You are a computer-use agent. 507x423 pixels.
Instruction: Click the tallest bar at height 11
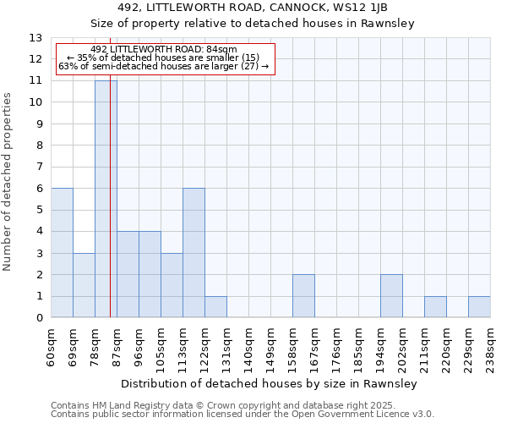click(106, 200)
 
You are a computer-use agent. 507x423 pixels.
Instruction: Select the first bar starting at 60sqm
click(62, 253)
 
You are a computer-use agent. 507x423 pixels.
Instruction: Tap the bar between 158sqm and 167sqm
click(303, 296)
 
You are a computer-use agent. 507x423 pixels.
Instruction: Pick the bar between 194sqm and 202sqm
click(391, 296)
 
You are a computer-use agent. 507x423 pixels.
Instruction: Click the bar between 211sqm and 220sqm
click(435, 307)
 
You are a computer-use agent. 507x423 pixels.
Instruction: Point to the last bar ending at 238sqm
click(479, 307)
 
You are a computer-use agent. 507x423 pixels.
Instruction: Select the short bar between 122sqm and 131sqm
click(215, 307)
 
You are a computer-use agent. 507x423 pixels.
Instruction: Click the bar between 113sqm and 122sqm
click(194, 253)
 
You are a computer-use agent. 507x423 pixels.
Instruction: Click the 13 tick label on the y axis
click(35, 38)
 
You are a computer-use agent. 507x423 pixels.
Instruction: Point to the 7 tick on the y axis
click(39, 168)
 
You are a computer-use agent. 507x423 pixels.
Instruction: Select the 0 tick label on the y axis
click(39, 318)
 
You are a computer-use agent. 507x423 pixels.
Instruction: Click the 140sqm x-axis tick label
click(248, 348)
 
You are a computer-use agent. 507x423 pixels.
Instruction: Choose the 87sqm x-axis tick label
click(117, 346)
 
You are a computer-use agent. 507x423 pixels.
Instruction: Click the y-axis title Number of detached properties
click(8, 182)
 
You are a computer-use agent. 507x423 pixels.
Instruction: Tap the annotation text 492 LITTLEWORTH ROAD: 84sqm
click(163, 50)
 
